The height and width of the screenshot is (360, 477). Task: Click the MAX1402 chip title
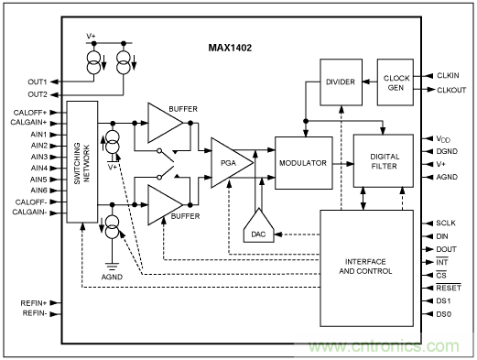pos(237,43)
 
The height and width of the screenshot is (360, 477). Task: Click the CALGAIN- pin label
pos(31,213)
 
